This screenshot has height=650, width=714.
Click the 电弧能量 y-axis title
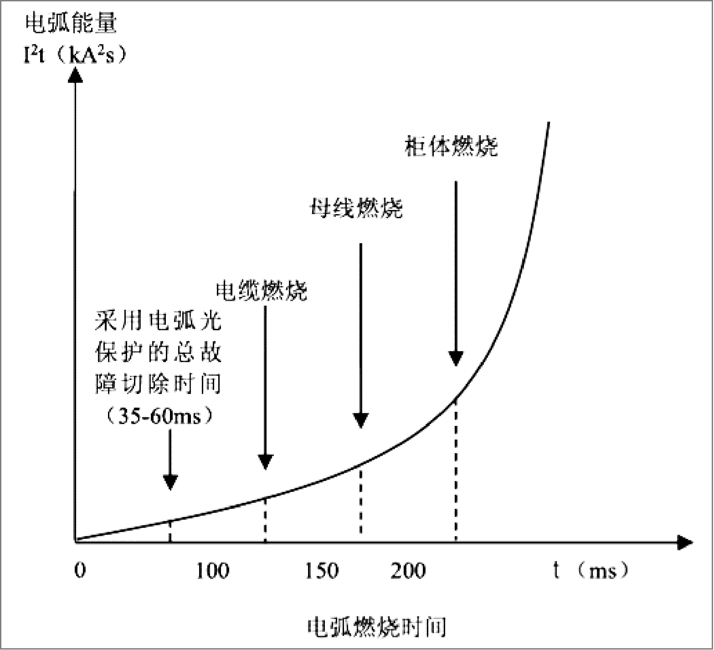[x=71, y=24]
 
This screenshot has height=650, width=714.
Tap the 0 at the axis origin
[x=80, y=570]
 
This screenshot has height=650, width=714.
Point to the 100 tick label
[x=212, y=571]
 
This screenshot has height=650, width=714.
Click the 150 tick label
[x=322, y=571]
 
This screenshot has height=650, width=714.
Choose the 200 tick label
[x=408, y=571]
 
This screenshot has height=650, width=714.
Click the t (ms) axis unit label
[x=591, y=570]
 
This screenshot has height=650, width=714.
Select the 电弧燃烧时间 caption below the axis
[x=377, y=628]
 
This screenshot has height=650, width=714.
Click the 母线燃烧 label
[x=356, y=209]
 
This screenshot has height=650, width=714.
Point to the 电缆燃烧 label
[x=262, y=290]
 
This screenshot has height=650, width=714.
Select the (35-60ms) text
[x=159, y=415]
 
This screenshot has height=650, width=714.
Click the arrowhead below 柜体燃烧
[x=456, y=359]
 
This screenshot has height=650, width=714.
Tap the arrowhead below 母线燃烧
[x=361, y=421]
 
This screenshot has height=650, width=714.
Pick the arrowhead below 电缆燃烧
[x=265, y=462]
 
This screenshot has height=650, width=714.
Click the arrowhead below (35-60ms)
[x=170, y=482]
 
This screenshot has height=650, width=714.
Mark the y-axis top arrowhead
[x=75, y=74]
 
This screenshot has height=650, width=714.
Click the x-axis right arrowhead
[x=684, y=542]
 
